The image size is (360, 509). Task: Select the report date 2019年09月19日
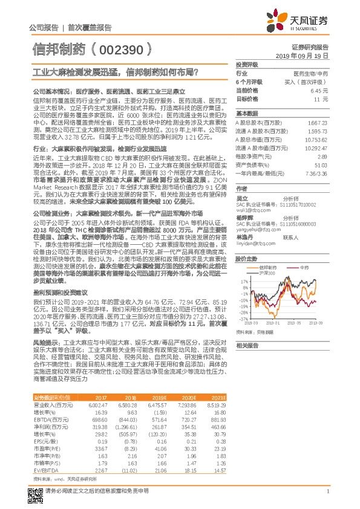pos(309,55)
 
